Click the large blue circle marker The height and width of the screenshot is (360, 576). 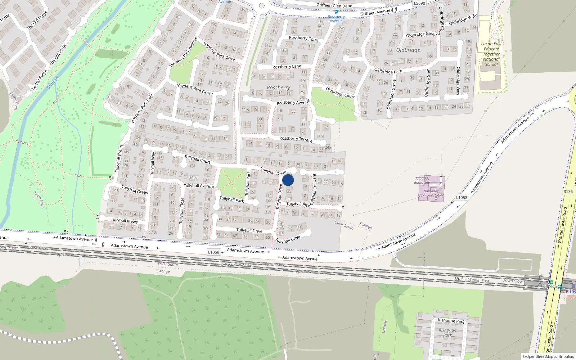[288, 180]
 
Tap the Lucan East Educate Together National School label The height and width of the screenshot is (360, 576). [491, 54]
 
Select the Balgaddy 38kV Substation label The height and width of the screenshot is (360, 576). [431, 193]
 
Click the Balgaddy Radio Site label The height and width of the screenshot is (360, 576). [422, 180]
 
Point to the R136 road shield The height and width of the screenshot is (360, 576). [568, 192]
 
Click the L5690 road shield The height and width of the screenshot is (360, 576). [419, 3]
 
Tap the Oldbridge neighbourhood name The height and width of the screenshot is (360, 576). [408, 50]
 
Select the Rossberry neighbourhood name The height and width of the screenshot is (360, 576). [278, 87]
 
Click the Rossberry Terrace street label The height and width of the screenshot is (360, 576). [296, 139]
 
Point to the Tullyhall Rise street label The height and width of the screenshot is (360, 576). [298, 204]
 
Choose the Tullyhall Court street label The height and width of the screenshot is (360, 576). [197, 159]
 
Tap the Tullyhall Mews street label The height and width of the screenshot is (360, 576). [124, 220]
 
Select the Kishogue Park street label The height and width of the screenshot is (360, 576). [451, 320]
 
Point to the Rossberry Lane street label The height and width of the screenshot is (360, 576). [287, 67]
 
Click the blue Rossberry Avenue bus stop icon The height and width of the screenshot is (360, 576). [336, 12]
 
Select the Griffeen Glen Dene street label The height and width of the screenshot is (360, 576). [334, 5]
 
